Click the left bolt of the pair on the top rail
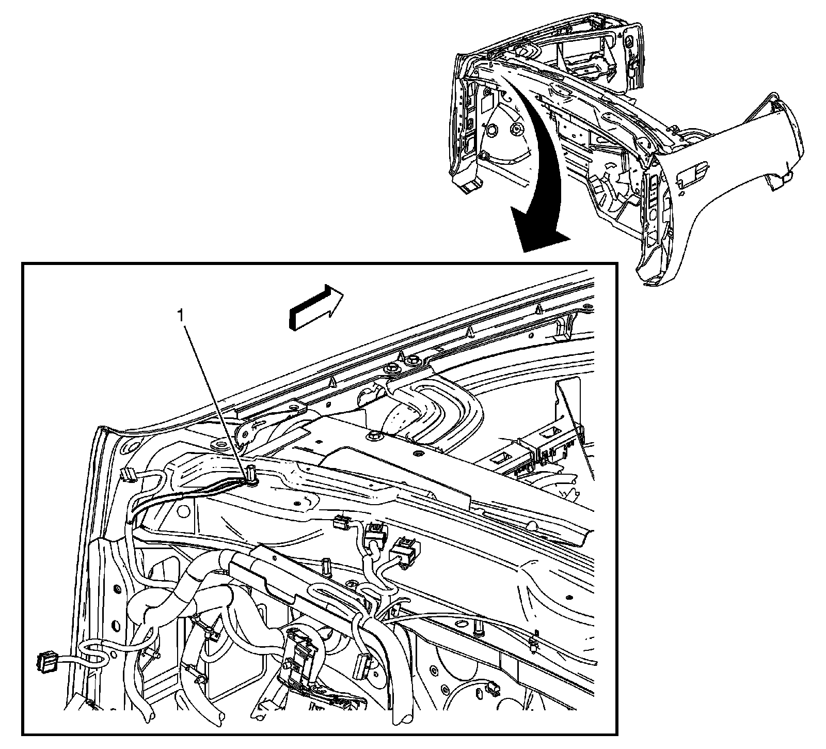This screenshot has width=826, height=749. (392, 368)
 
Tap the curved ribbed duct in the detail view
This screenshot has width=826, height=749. (439, 408)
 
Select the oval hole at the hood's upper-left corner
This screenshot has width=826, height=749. (130, 445)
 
